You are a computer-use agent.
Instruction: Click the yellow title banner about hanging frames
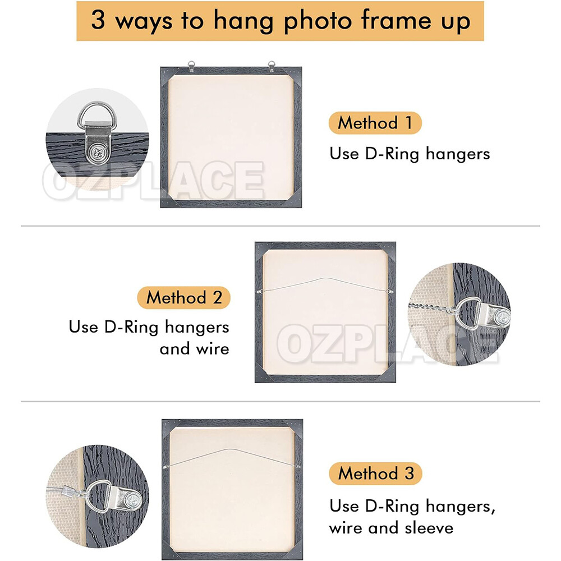click(x=280, y=21)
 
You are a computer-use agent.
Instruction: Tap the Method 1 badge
click(x=375, y=123)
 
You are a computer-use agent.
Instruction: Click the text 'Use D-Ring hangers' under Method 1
click(x=410, y=154)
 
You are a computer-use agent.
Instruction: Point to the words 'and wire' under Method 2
click(x=194, y=349)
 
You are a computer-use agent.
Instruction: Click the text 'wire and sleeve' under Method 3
click(x=391, y=527)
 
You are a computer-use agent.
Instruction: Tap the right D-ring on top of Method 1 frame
click(x=272, y=65)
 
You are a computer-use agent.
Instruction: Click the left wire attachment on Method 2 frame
click(x=260, y=291)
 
